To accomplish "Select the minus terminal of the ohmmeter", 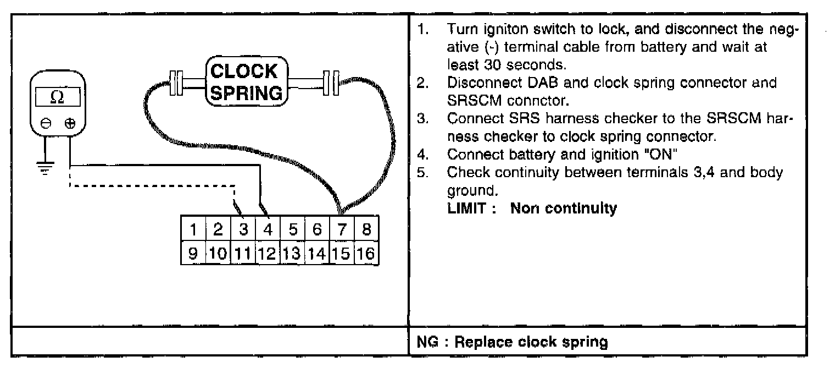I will point(47,123).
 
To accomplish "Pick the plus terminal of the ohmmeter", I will point(70,123).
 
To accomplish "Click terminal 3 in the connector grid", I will point(243,229).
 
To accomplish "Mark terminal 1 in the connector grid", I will point(193,229).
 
